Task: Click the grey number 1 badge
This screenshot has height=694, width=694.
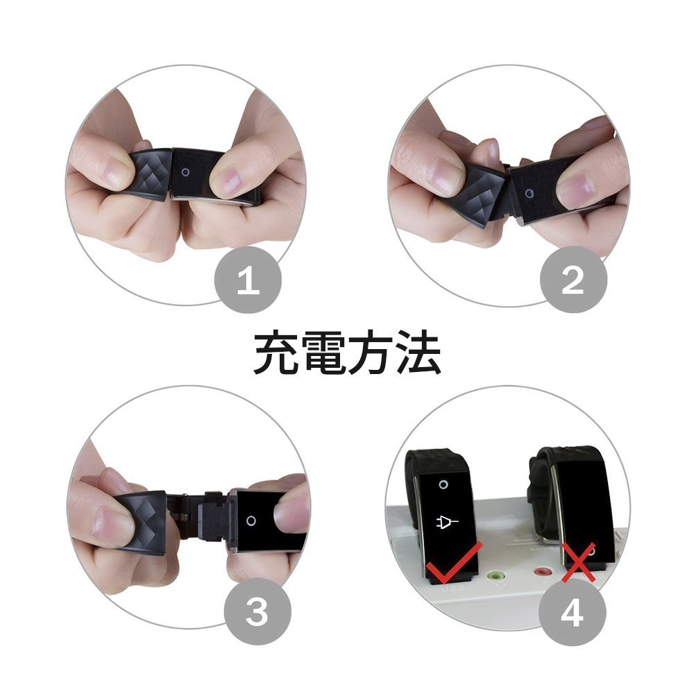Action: click(248, 280)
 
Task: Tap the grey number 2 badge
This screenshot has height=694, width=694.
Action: click(573, 280)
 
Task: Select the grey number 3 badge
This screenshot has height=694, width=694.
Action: click(257, 611)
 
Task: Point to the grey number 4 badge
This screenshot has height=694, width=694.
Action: click(573, 612)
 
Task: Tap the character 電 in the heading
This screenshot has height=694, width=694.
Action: click(323, 353)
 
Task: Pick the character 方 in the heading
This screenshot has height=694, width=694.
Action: click(370, 353)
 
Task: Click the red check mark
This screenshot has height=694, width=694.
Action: click(452, 561)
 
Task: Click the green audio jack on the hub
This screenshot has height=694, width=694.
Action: click(496, 576)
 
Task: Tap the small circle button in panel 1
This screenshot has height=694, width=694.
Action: click(185, 172)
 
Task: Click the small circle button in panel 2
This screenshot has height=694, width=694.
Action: click(529, 194)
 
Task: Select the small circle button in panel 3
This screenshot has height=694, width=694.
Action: click(251, 520)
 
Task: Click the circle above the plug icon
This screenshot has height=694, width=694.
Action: click(443, 484)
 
